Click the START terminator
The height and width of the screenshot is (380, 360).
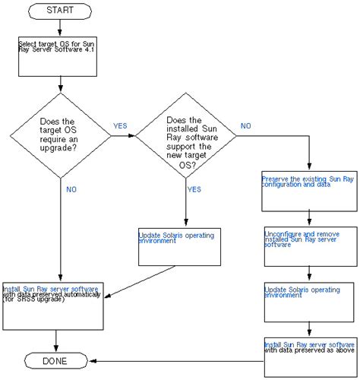[60, 11]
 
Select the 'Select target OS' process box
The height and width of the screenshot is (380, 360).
[59, 55]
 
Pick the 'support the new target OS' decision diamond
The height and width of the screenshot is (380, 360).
[185, 137]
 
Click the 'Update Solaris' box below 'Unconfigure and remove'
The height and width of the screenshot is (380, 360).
[309, 299]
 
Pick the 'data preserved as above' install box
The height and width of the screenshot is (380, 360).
[309, 355]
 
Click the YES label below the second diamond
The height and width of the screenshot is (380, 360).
[194, 189]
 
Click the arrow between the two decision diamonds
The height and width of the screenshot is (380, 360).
[123, 136]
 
